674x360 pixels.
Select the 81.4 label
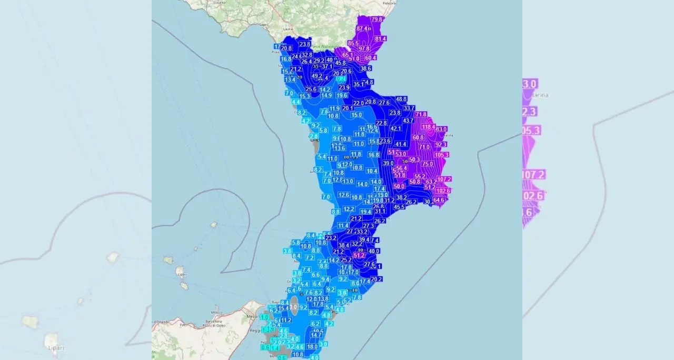coord(380,38)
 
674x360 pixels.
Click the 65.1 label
coord(348,55)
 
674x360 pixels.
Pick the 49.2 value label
coord(317,76)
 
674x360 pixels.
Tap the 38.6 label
coord(365,68)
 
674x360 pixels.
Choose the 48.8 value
coord(401,99)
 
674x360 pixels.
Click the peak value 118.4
coord(429,127)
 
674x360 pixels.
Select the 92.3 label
coord(441,144)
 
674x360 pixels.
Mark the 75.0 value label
coord(428,164)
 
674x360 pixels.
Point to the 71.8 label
coord(421,114)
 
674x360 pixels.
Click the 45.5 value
coord(399,207)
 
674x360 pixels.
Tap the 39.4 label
coord(364,239)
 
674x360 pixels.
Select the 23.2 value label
coord(331,238)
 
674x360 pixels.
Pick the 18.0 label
coord(312,347)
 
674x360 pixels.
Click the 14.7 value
coord(316,335)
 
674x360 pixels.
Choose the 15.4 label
coord(283,308)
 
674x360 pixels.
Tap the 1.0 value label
coord(264,317)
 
